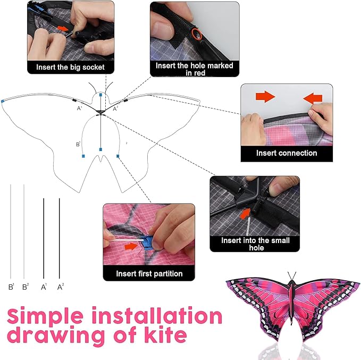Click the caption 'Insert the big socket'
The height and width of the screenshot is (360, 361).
pos(70,68)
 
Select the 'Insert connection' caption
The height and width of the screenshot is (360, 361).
pos(287,153)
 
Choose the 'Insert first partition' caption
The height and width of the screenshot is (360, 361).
pos(149,274)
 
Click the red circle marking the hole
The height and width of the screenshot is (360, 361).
pos(197,35)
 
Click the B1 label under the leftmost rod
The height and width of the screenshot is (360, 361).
pos(11,287)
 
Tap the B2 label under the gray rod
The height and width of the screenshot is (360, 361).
pos(25,287)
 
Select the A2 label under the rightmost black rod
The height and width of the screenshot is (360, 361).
pos(60,287)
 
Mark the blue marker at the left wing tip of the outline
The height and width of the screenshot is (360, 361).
pos(3,101)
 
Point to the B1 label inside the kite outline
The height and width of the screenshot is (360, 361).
pos(78,144)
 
